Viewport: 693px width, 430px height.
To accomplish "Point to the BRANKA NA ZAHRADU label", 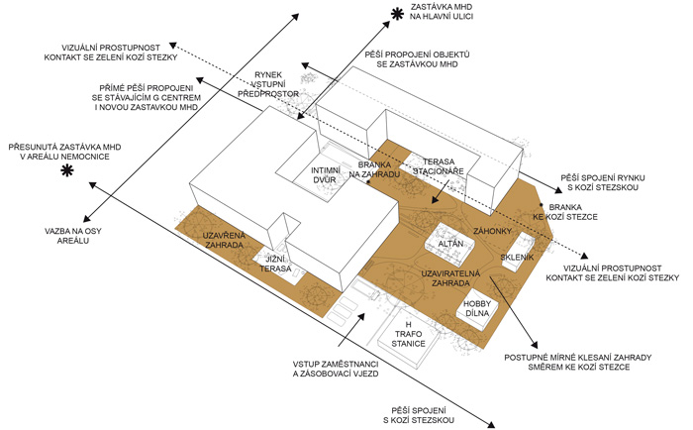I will point(380,169).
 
